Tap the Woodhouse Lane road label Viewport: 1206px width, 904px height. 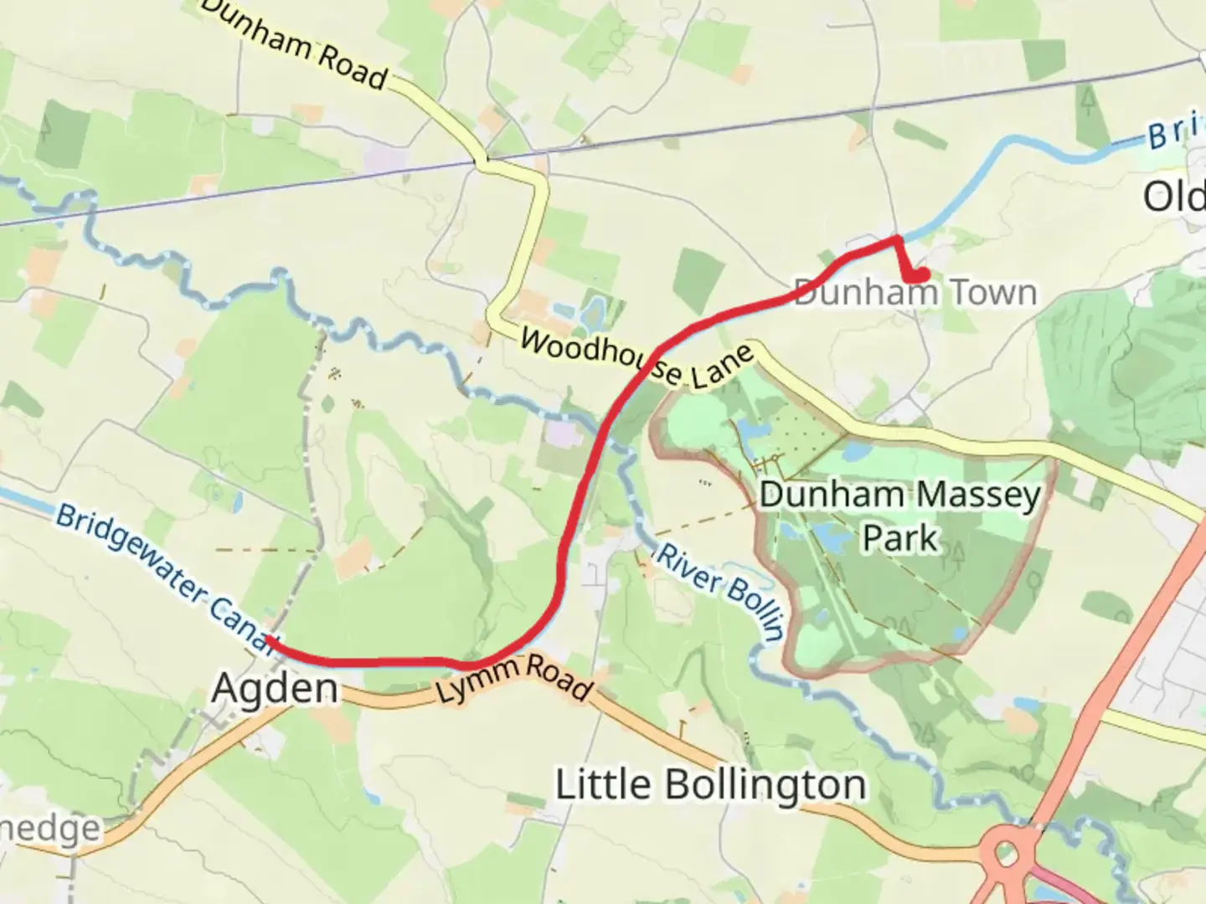click(637, 358)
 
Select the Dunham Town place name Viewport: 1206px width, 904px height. click(915, 293)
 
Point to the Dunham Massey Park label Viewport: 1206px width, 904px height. click(900, 516)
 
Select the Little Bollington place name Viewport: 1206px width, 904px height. click(711, 785)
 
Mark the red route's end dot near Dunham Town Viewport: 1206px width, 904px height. click(919, 275)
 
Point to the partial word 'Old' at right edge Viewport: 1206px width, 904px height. click(1174, 198)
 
